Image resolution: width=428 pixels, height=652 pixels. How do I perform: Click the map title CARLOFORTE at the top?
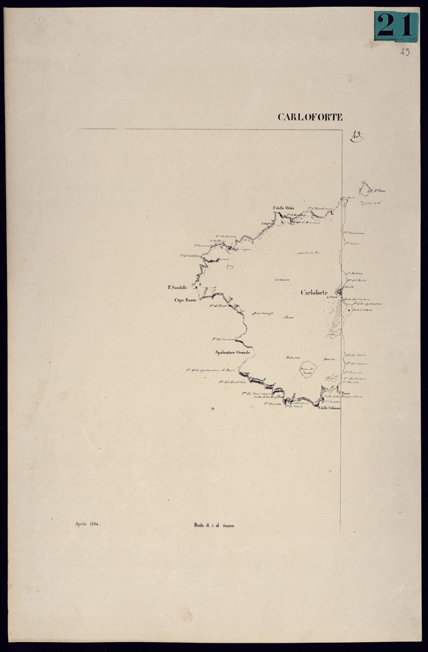click(310, 117)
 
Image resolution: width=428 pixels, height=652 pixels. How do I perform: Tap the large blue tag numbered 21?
click(396, 26)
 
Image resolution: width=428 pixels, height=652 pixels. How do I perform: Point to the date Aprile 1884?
click(87, 524)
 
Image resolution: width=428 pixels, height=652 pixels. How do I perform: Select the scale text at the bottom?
click(213, 526)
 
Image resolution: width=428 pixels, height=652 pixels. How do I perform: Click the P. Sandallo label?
click(177, 287)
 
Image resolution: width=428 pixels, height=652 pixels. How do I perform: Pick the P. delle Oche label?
click(283, 207)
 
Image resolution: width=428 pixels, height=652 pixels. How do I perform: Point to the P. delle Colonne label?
click(329, 408)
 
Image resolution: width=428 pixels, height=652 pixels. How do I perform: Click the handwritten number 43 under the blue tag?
click(405, 52)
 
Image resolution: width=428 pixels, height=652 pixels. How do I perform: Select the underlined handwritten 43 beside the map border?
click(357, 137)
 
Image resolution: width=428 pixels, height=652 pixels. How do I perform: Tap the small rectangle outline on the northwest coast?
click(230, 267)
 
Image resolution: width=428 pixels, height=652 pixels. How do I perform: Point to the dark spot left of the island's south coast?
click(212, 409)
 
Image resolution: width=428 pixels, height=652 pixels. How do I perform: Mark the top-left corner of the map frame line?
click(80, 130)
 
